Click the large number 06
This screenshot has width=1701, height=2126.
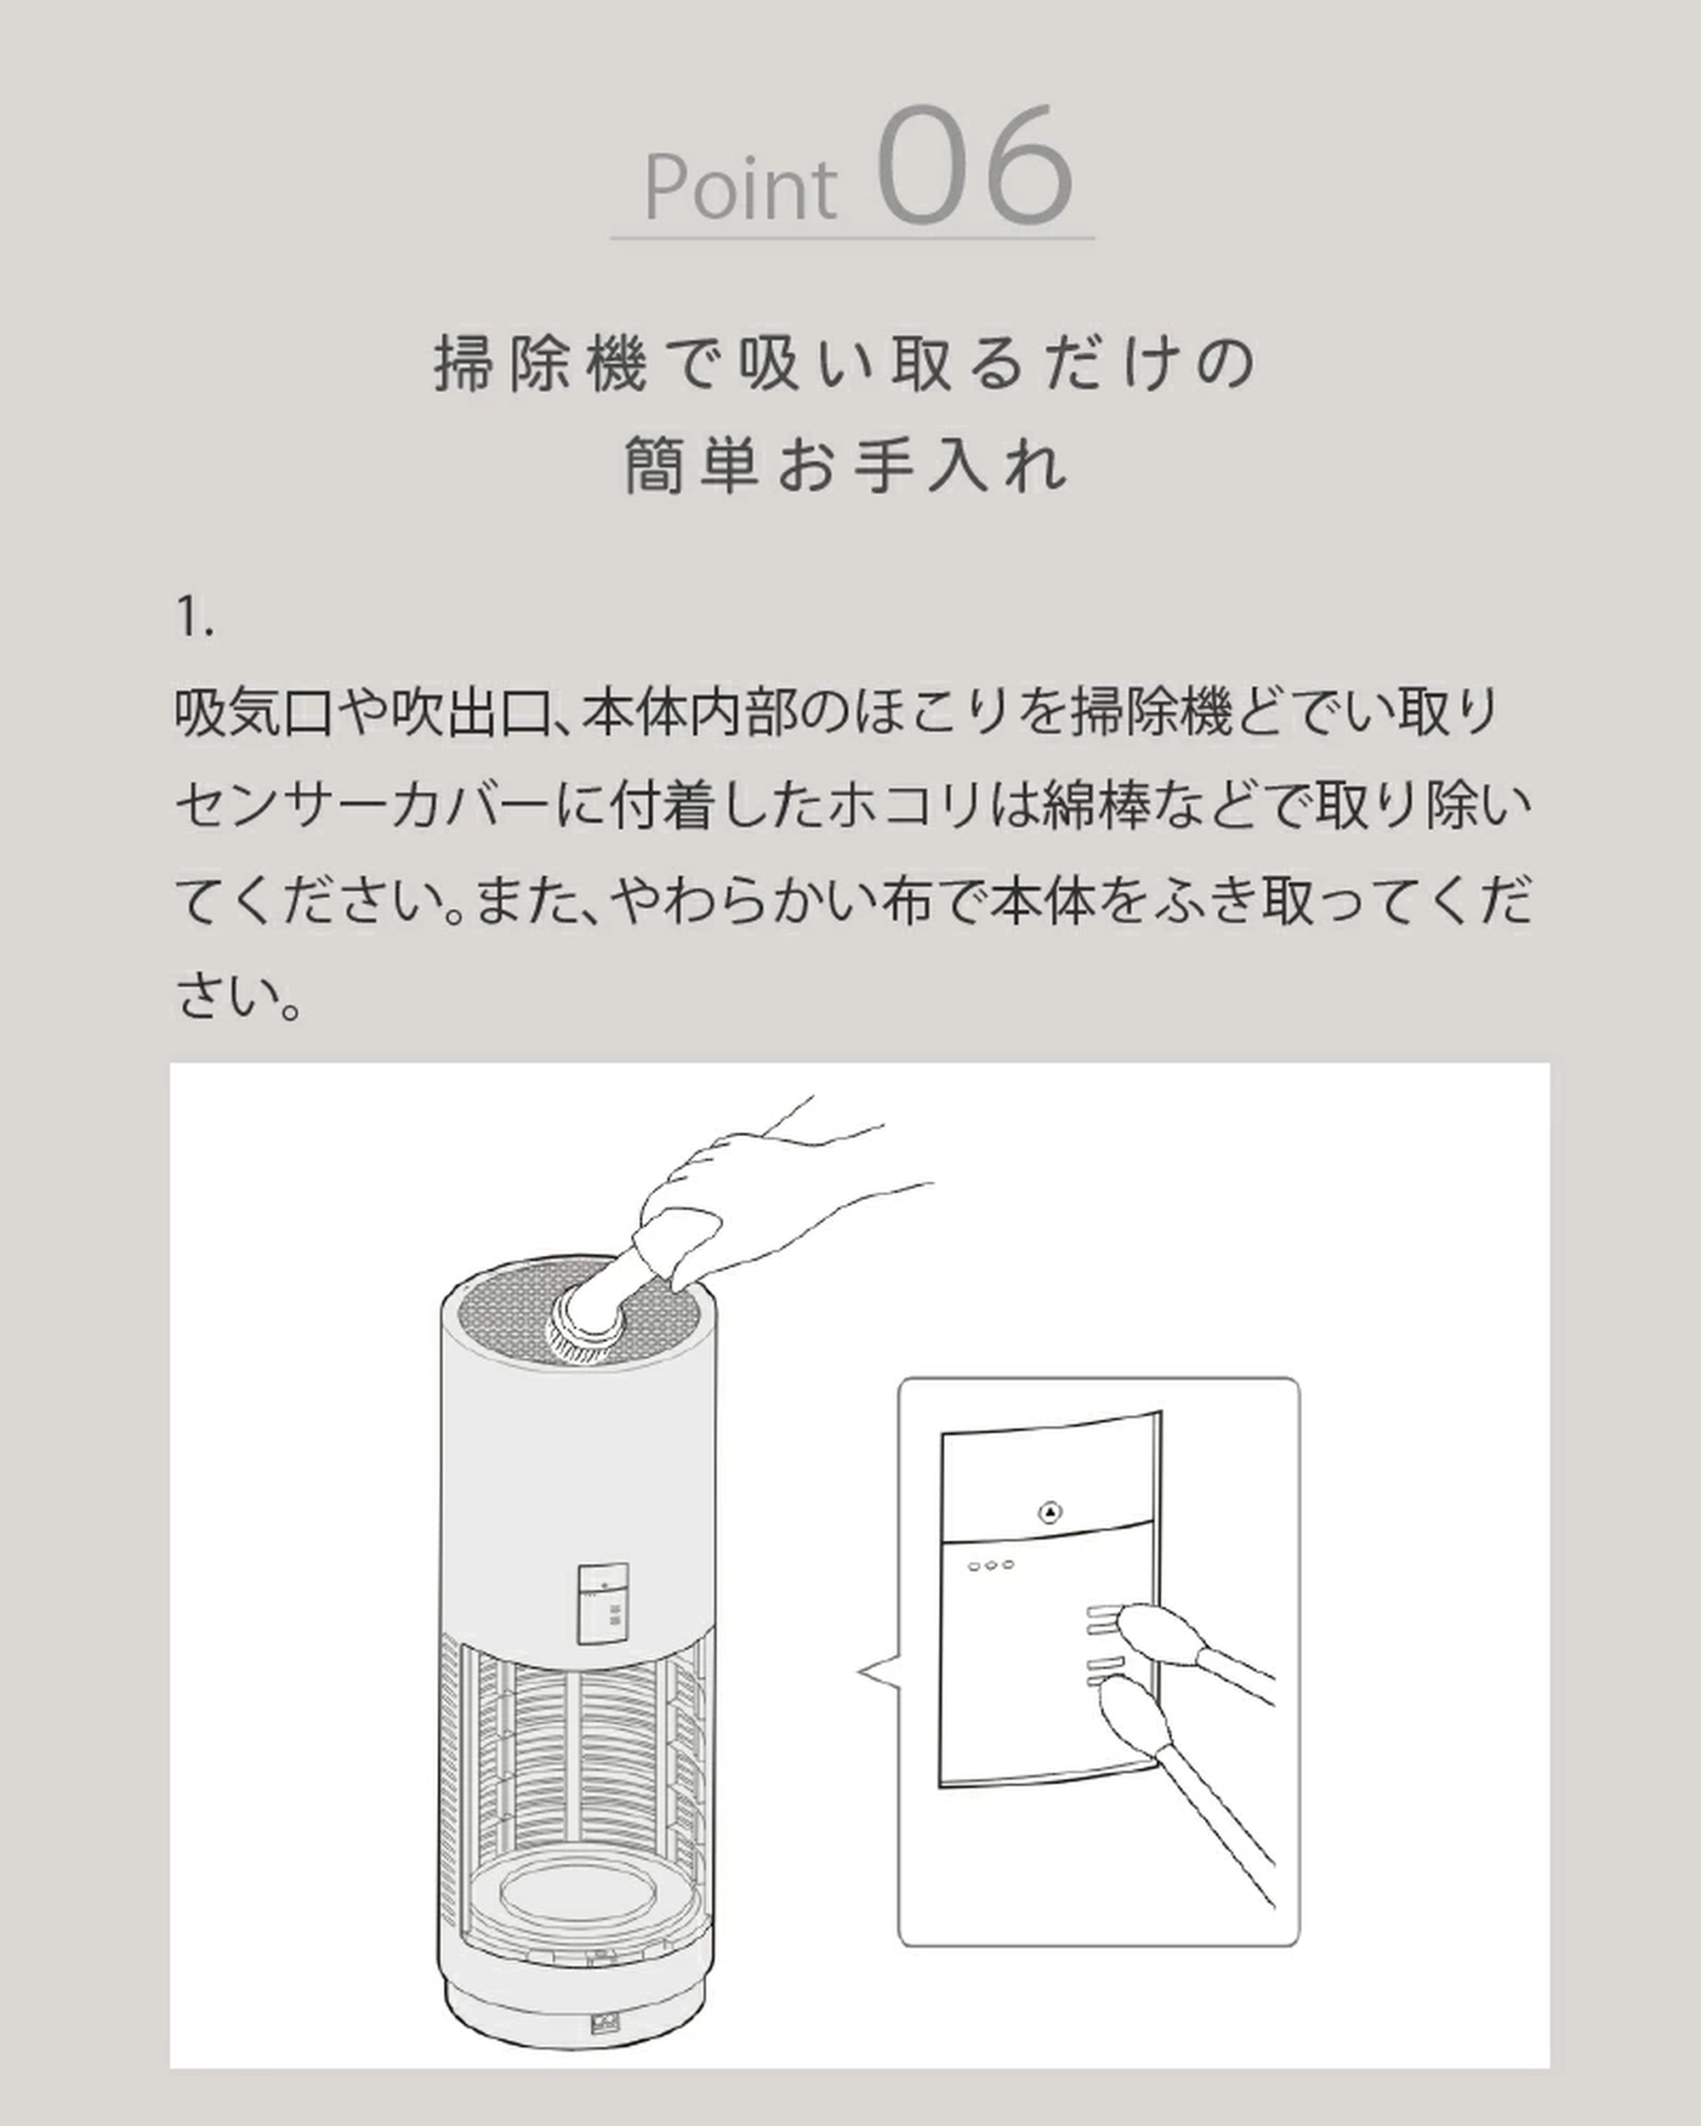975,168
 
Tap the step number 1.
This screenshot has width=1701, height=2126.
193,617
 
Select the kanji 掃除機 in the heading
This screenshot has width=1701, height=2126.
540,364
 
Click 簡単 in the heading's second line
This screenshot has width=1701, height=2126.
691,464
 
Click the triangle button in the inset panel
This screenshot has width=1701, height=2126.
1050,1513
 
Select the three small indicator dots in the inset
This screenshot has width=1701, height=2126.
990,1565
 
